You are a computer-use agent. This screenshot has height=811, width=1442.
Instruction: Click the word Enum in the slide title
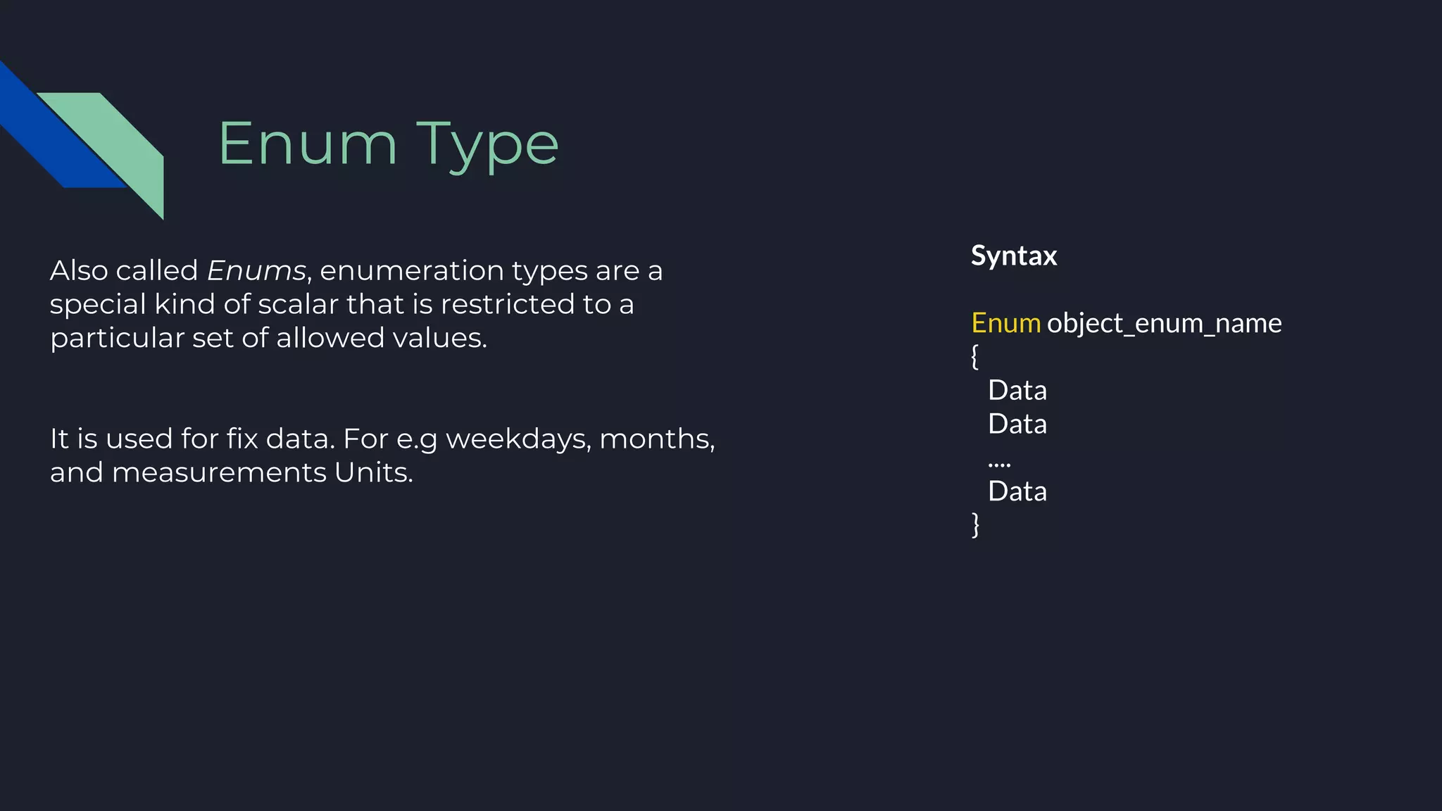[308, 144]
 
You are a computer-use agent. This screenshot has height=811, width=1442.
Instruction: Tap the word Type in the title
[487, 146]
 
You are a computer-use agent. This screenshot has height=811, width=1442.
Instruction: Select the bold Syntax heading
[1014, 256]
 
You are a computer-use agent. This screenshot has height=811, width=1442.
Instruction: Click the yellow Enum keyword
[1005, 323]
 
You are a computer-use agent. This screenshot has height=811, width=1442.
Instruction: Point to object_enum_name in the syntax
[1164, 323]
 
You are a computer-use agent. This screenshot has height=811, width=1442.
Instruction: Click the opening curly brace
[975, 356]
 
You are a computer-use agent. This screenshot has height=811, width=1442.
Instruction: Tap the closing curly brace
[975, 524]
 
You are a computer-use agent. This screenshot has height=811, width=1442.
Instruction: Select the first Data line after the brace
[1017, 390]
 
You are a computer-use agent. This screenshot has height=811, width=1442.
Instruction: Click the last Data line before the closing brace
[1017, 491]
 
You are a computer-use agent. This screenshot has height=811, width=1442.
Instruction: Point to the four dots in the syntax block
[999, 463]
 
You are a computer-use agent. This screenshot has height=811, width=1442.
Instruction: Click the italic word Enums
[256, 270]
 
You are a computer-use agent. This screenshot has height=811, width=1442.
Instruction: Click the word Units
[373, 472]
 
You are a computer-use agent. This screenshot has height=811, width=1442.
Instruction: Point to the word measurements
[219, 472]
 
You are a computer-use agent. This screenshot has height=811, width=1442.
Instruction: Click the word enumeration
[411, 270]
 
